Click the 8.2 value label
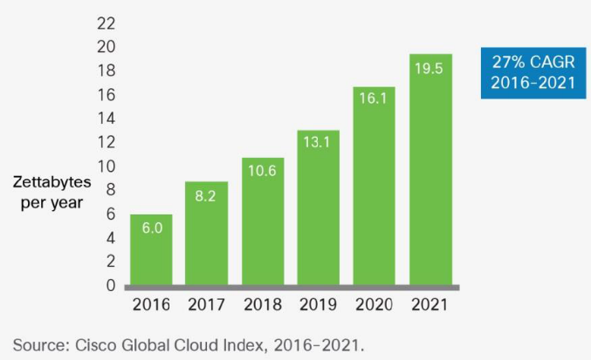(x=207, y=198)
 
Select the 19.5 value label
(x=430, y=68)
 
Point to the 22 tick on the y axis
(x=106, y=22)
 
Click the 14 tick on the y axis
(x=106, y=118)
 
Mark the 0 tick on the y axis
(x=110, y=285)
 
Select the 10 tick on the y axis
(x=106, y=166)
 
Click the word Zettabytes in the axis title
(x=47, y=183)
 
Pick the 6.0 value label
(x=151, y=229)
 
